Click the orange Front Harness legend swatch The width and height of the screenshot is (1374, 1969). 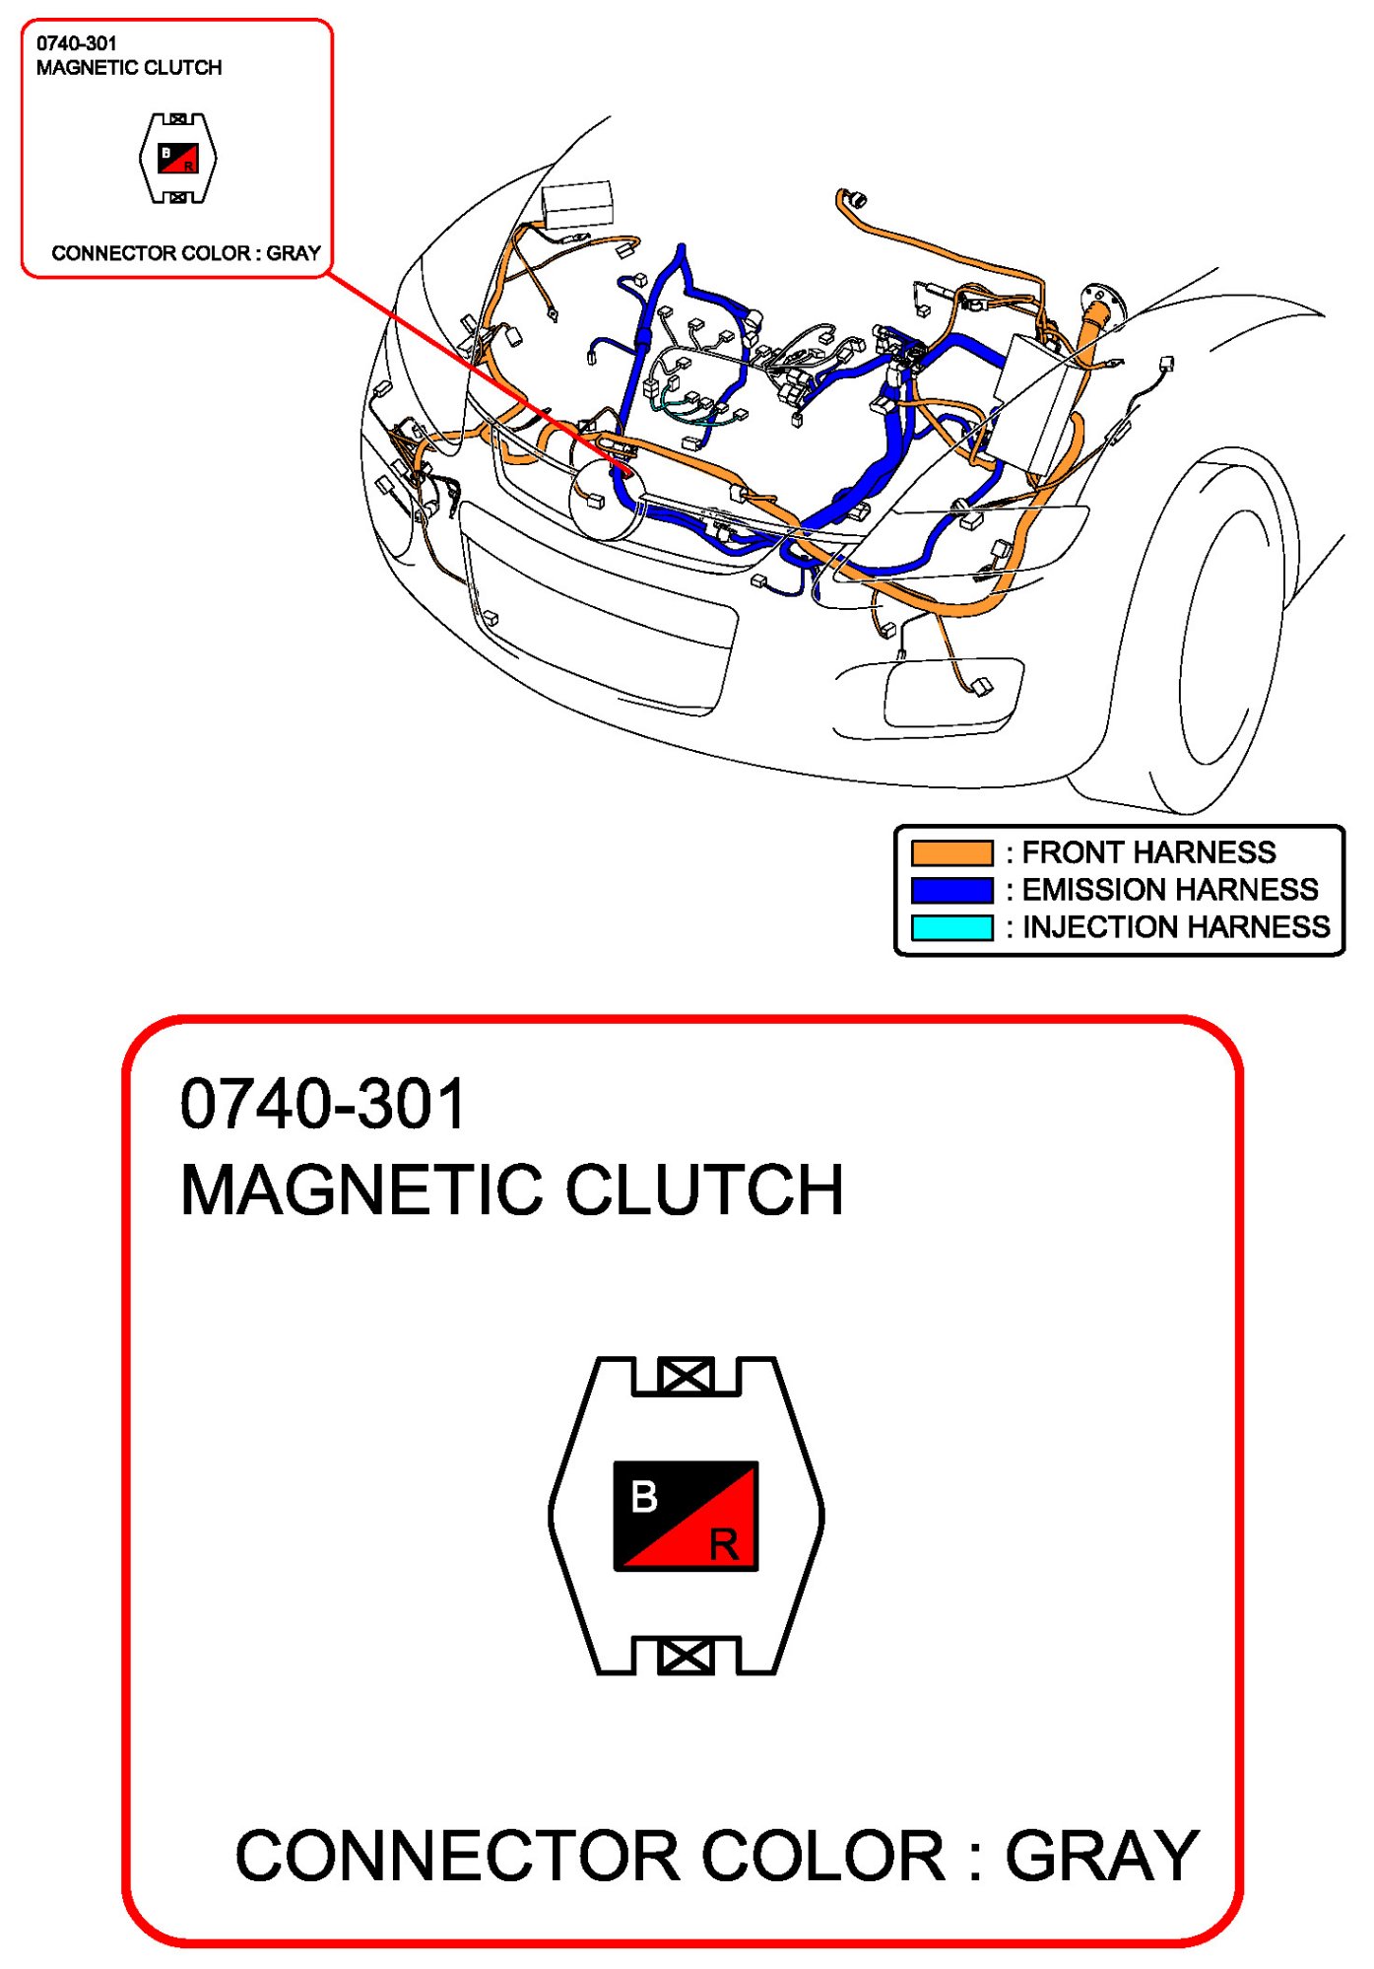click(x=951, y=852)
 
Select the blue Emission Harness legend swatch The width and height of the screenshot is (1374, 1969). click(x=951, y=890)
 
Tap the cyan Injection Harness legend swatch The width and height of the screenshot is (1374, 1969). click(x=951, y=927)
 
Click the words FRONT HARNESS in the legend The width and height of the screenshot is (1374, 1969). click(x=1148, y=852)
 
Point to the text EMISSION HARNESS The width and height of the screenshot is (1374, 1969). click(x=1170, y=890)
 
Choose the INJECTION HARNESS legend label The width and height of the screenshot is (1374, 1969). click(x=1176, y=927)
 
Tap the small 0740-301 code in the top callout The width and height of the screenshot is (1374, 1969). click(x=76, y=43)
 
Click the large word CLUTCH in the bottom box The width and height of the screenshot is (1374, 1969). click(x=704, y=1190)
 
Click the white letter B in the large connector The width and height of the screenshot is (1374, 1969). click(x=644, y=1496)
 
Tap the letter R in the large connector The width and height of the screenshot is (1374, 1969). click(x=724, y=1544)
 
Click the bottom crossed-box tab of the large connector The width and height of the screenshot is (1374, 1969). click(x=686, y=1656)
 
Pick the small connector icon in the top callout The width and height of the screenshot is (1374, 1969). click(x=178, y=159)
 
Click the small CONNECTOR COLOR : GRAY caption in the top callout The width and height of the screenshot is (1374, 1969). click(x=186, y=253)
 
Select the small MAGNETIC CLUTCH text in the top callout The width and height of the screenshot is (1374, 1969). click(x=129, y=68)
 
